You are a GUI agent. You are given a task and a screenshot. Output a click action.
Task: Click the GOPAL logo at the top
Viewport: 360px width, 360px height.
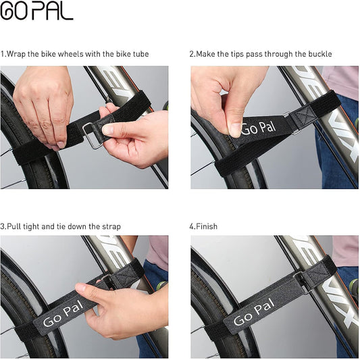coord(36,11)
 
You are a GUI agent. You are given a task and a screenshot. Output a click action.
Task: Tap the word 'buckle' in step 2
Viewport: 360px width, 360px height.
coord(320,54)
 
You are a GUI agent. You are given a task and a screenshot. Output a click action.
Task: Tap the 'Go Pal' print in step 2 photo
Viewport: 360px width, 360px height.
coord(258,128)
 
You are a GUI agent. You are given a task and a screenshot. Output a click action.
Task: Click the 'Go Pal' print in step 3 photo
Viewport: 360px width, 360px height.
coord(63,313)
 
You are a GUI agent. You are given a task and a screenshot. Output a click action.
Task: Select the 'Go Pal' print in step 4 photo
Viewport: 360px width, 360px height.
coord(254,312)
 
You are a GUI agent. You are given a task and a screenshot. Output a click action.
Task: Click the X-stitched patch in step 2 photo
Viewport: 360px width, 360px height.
coord(303,115)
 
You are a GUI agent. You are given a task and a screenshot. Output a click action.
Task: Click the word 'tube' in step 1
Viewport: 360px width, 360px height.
coord(140,54)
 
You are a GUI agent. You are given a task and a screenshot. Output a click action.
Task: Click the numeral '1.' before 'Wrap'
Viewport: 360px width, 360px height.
coord(3,54)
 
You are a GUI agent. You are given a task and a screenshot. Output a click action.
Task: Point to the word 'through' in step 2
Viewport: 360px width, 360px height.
coord(278,55)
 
